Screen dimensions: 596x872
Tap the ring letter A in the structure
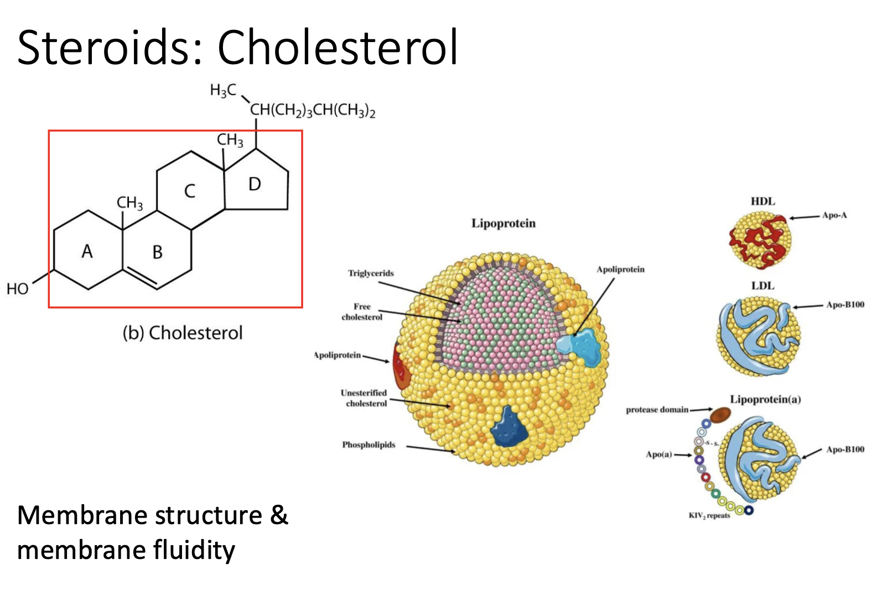coord(87,252)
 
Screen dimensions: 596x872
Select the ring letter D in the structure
coord(255,184)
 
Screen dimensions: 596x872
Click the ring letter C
coord(190,191)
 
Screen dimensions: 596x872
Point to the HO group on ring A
coord(17,289)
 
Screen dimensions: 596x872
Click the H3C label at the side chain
coord(222,90)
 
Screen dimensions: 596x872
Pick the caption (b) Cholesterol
coord(183,333)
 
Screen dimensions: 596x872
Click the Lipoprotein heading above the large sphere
coord(504,223)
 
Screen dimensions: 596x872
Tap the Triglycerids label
coord(371,273)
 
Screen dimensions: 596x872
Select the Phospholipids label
coord(368,445)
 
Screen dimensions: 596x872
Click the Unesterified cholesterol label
coord(364,398)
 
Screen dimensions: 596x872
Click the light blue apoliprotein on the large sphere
coord(581,346)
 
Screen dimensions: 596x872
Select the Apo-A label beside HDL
coord(834,215)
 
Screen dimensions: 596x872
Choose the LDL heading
coord(762,286)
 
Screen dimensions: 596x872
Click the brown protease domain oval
coord(720,414)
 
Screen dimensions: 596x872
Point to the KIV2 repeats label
coord(709,515)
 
